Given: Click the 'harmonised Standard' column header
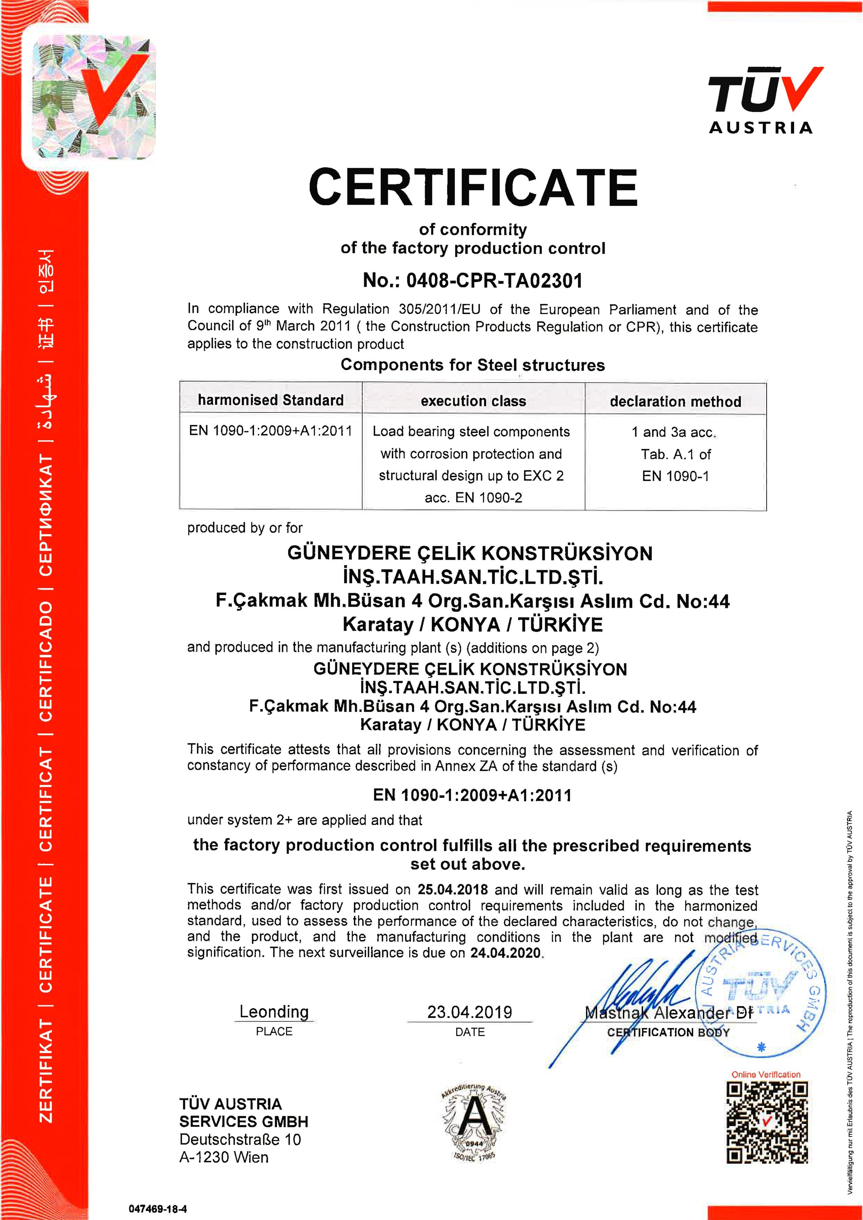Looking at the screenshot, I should (x=271, y=400).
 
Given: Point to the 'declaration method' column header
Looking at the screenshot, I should (x=675, y=401).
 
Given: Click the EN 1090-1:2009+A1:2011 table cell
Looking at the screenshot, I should (x=271, y=431).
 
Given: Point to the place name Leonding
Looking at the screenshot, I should (x=274, y=1011).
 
